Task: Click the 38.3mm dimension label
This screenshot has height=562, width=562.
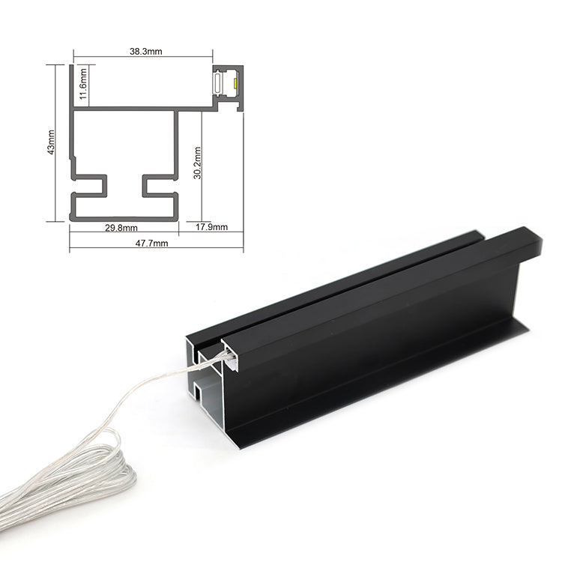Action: (x=146, y=51)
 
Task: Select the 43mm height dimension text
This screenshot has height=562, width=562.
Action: (x=51, y=142)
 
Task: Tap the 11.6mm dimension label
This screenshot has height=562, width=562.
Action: (x=83, y=84)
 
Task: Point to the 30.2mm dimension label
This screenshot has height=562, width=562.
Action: (x=197, y=163)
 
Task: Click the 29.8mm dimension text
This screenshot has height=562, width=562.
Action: (x=121, y=228)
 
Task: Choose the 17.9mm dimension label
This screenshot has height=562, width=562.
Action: (x=211, y=227)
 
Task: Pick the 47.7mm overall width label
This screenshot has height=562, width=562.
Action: (x=151, y=244)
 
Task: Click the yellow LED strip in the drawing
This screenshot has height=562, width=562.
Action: (x=235, y=82)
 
